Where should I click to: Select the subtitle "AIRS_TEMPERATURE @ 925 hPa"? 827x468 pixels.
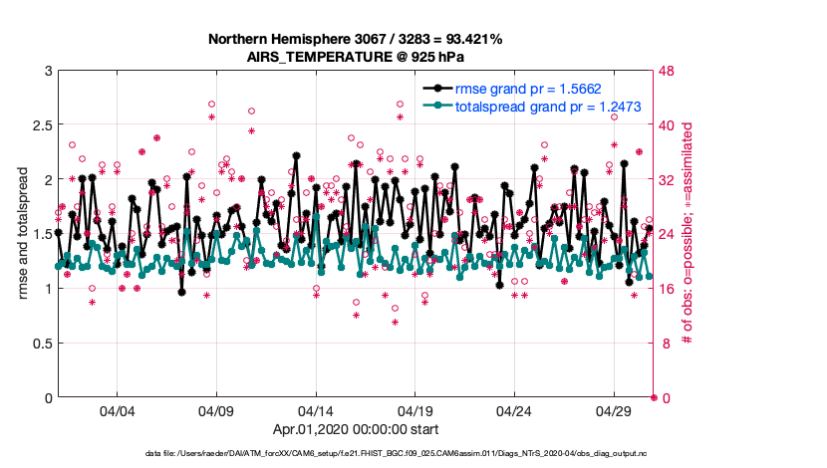356,57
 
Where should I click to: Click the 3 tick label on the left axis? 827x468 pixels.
47,71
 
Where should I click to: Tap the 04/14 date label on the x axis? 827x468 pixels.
316,411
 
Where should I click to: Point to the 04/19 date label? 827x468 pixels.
415,411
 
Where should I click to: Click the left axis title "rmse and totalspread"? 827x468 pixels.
22,235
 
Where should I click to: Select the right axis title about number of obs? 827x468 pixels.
687,235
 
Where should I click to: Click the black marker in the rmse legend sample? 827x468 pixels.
435,89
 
